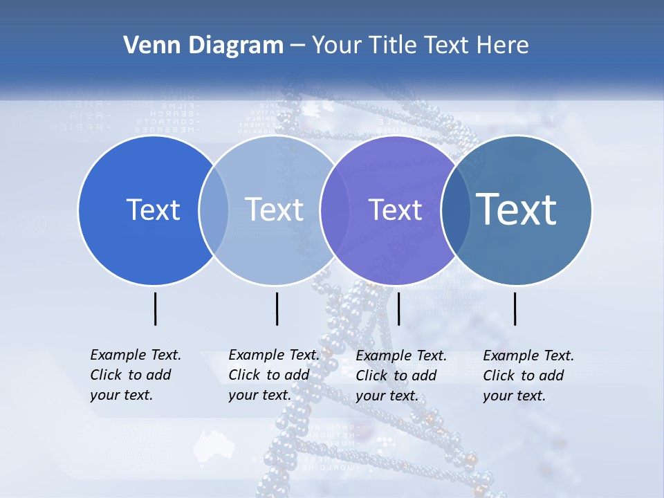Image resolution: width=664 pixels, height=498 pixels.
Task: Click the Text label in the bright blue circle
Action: point(153,210)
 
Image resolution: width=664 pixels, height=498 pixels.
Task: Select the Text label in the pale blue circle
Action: point(274,210)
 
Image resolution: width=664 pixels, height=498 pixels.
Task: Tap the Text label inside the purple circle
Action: point(395,210)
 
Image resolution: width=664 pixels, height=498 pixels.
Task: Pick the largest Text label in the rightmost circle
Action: point(517,209)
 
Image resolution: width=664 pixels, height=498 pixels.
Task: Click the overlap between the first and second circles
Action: point(214,210)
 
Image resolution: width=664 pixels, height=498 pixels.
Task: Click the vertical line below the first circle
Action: point(155,308)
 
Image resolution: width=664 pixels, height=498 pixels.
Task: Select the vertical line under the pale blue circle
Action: point(277,308)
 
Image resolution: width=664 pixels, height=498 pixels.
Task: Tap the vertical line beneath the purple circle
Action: point(398,308)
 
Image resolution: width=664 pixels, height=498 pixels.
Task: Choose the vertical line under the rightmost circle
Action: point(515,308)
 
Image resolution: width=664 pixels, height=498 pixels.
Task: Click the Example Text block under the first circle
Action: point(135,375)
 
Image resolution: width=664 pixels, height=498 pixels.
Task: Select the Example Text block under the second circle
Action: point(273,375)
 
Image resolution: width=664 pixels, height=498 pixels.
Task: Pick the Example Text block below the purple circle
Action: point(400,376)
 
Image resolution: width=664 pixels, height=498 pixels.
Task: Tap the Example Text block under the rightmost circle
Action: point(528,376)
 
